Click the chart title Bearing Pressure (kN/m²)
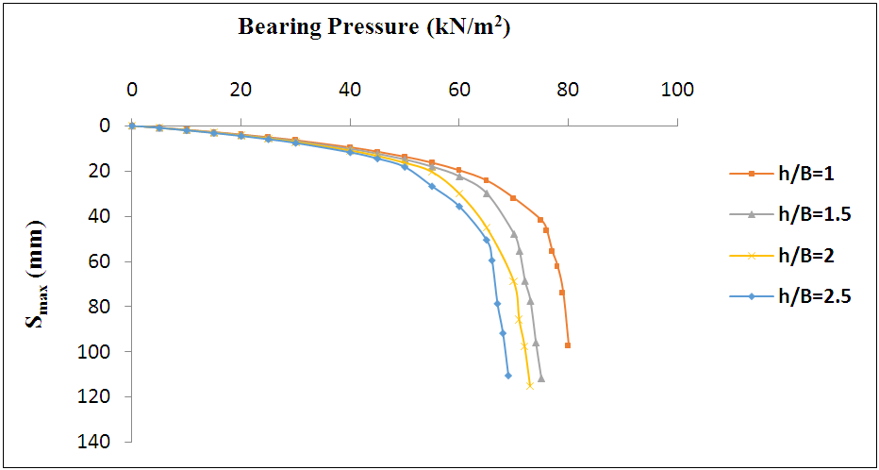click(373, 26)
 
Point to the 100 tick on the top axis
click(677, 91)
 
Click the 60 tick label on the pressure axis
click(459, 91)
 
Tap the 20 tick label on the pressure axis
click(240, 91)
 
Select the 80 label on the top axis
click(568, 91)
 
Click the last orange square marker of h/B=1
click(568, 345)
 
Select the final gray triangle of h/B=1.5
click(541, 378)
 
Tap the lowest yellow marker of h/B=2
click(530, 386)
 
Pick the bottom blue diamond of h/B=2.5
click(508, 376)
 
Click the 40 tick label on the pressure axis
click(350, 91)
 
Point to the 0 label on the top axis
click(132, 91)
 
